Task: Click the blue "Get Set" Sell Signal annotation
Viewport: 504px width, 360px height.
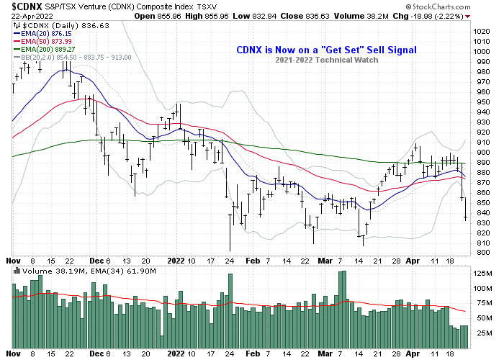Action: pyautogui.click(x=326, y=50)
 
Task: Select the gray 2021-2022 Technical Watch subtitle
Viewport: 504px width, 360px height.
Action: pyautogui.click(x=326, y=60)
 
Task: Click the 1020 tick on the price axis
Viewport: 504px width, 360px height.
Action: pyautogui.click(x=481, y=31)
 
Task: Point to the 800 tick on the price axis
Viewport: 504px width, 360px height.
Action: pyautogui.click(x=479, y=253)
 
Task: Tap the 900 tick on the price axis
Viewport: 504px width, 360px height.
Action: pyautogui.click(x=479, y=152)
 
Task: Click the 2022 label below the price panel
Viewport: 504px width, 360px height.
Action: pyautogui.click(x=176, y=261)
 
